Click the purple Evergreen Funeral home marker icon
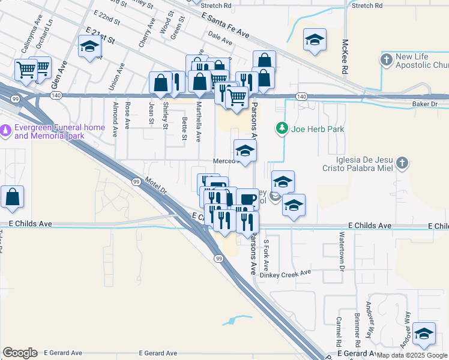pos(6,129)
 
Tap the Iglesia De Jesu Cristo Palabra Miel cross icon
pos(402,163)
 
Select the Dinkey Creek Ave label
pos(290,272)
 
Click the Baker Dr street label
pos(426,104)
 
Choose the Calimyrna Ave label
pos(28,40)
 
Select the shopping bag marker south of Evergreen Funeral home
pos(12,197)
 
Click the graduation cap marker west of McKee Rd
pos(314,40)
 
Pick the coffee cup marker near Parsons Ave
pos(247,199)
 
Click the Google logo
pos(20,353)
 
